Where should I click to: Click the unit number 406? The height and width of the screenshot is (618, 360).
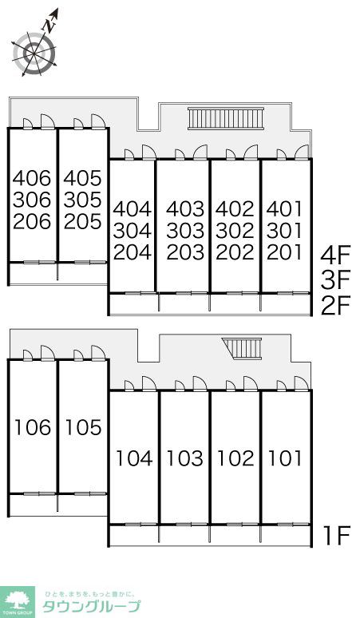click(32, 178)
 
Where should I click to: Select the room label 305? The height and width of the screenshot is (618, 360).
click(83, 200)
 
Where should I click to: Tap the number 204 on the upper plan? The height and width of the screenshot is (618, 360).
click(133, 252)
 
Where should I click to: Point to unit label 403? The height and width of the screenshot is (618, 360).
click(185, 209)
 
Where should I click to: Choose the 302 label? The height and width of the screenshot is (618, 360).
click(235, 231)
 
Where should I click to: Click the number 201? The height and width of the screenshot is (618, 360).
click(284, 252)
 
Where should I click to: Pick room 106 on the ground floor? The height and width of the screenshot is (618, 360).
click(33, 428)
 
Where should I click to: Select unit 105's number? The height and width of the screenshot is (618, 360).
click(84, 428)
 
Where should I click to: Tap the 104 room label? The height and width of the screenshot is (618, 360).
click(134, 458)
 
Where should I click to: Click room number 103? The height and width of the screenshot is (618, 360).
click(185, 458)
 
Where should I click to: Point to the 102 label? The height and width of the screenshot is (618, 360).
click(236, 458)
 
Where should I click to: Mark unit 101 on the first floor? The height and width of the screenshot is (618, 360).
click(285, 458)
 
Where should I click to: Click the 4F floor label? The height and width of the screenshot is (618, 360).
click(335, 256)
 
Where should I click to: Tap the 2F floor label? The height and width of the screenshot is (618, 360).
click(335, 307)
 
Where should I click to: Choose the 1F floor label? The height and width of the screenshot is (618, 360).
click(337, 536)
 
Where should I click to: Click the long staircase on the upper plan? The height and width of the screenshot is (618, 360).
click(226, 118)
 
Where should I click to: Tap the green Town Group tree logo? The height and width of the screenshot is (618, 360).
click(17, 602)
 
